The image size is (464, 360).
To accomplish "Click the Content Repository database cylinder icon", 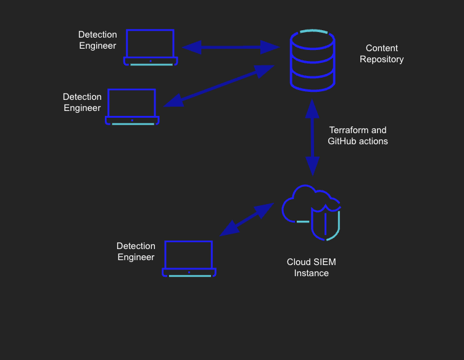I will [312, 60].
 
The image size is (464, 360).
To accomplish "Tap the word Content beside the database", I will [382, 48].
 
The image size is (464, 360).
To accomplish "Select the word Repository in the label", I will [382, 59].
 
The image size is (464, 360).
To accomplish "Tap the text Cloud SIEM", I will [312, 262].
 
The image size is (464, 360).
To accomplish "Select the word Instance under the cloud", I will [312, 273].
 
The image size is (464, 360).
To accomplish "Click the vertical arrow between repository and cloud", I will [312, 138].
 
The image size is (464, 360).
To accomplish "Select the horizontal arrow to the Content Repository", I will [231, 47].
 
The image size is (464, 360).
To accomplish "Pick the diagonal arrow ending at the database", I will [221, 86].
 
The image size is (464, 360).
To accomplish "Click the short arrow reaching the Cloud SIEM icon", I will [247, 219].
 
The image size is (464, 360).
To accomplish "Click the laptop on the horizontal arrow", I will [151, 47].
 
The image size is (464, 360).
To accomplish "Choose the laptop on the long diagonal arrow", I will [132, 107].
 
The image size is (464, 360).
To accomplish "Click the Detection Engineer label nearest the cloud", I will [136, 252].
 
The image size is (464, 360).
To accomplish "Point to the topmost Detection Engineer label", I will [97, 40].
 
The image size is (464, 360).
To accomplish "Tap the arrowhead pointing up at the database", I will [312, 109].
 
